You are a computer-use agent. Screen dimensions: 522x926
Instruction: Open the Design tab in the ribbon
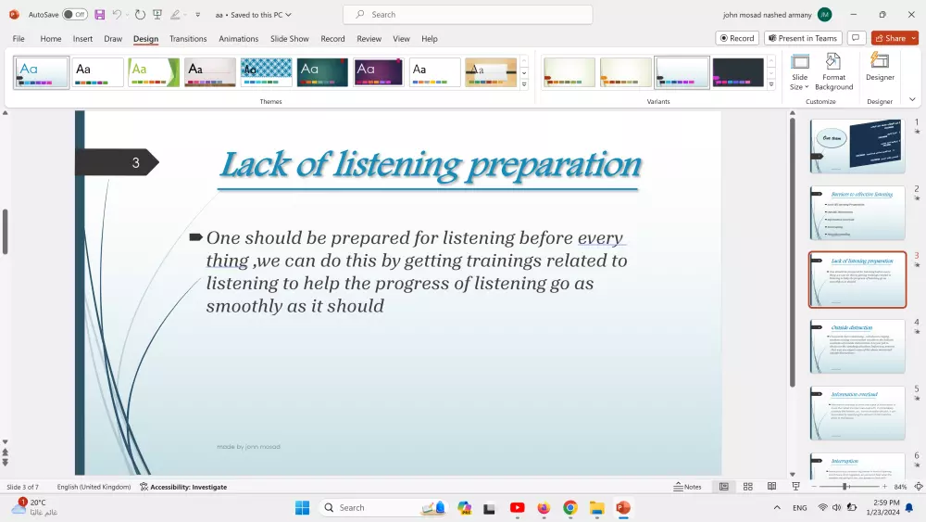[x=145, y=39]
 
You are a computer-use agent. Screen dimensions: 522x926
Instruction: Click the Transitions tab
[x=188, y=39]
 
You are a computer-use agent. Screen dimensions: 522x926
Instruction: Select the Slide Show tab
[x=289, y=39]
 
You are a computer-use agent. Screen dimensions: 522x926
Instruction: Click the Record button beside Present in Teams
[x=737, y=38]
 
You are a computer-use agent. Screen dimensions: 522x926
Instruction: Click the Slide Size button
[x=799, y=70]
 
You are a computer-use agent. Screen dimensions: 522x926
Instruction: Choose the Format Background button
[x=833, y=70]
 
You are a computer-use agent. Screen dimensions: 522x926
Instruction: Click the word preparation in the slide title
[x=554, y=164]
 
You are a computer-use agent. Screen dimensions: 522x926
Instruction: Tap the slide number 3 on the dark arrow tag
[x=135, y=163]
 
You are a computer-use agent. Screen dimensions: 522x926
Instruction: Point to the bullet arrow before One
[x=195, y=237]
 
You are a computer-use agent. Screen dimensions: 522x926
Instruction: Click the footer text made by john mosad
[x=248, y=447]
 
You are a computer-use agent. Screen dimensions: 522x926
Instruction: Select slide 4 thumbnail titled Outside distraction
[x=857, y=346]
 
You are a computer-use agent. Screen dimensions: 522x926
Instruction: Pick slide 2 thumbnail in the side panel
[x=857, y=212]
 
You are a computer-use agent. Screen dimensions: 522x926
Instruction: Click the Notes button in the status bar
[x=687, y=487]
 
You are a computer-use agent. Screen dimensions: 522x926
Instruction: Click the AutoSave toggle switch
[x=75, y=14]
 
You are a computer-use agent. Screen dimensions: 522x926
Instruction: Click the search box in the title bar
[x=468, y=15]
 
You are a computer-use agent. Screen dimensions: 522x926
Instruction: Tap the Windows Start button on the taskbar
[x=302, y=508]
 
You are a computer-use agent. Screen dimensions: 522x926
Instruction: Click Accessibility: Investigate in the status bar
[x=183, y=487]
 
